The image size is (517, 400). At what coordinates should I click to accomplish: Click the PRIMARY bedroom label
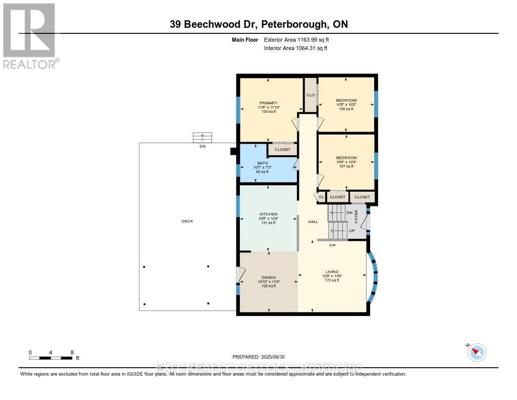pyautogui.click(x=269, y=103)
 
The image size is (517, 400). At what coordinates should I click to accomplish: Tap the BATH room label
pyautogui.click(x=262, y=163)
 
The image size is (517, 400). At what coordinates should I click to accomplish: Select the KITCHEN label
pyautogui.click(x=269, y=214)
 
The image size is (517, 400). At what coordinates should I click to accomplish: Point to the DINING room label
pyautogui.click(x=269, y=277)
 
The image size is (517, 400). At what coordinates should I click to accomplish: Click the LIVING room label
pyautogui.click(x=332, y=272)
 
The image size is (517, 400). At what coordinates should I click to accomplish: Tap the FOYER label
pyautogui.click(x=356, y=216)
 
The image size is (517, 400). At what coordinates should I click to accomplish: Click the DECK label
pyautogui.click(x=187, y=221)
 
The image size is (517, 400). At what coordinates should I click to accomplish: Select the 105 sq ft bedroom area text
pyautogui.click(x=346, y=109)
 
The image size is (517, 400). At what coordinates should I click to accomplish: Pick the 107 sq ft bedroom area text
pyautogui.click(x=346, y=166)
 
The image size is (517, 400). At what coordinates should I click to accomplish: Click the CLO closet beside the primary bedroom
pyautogui.click(x=311, y=95)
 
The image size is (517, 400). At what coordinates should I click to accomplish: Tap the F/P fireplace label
pyautogui.click(x=332, y=246)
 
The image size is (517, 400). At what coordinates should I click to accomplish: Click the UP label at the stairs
pyautogui.click(x=351, y=231)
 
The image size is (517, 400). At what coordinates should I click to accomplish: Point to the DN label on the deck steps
pyautogui.click(x=202, y=146)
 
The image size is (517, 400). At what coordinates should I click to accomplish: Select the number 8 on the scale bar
pyautogui.click(x=72, y=352)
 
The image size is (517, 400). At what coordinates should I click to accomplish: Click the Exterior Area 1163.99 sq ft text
pyautogui.click(x=298, y=39)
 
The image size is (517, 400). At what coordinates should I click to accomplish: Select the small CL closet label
pyautogui.click(x=321, y=197)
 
